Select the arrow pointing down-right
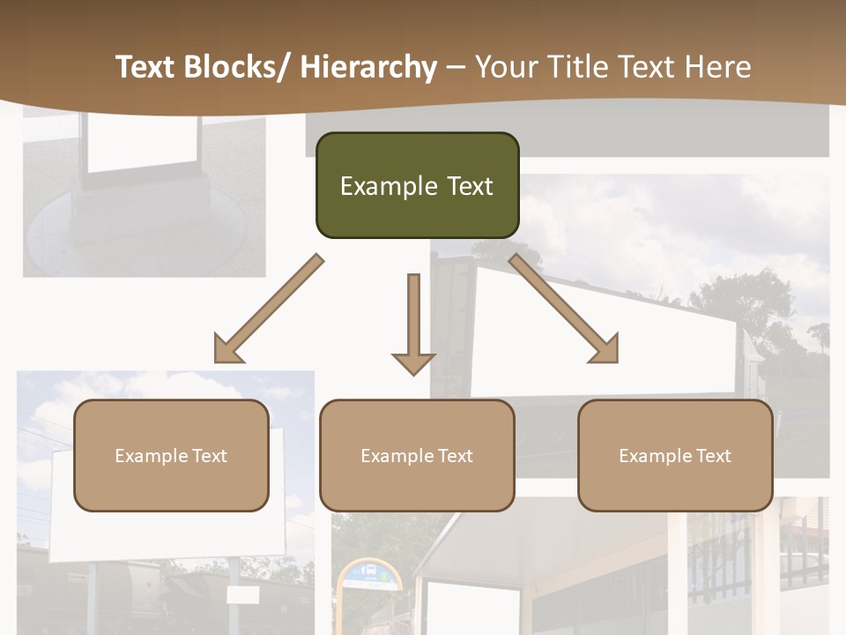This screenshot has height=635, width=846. (564, 310)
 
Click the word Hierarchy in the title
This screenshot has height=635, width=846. (368, 67)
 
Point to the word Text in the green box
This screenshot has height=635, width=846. (468, 186)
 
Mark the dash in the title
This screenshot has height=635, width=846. (456, 67)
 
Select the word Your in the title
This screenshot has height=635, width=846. (505, 67)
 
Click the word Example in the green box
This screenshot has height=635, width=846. (389, 186)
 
